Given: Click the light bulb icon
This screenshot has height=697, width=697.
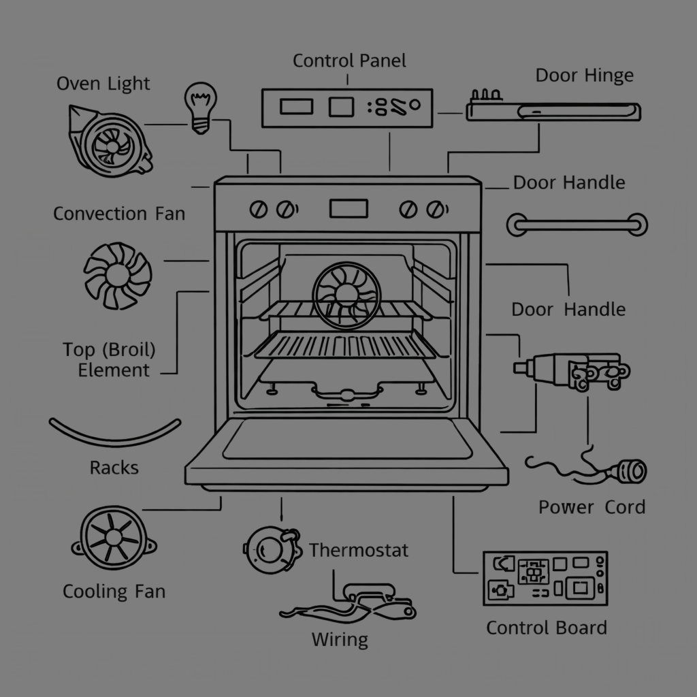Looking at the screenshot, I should [198, 108].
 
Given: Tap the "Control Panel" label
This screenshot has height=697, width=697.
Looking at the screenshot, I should [349, 61].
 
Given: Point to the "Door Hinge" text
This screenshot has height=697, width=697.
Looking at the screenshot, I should [584, 76].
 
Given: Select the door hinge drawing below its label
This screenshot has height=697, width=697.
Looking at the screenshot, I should [553, 111].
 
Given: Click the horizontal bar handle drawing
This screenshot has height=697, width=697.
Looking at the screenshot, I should [577, 225].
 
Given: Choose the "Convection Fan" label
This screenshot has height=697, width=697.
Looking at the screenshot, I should [119, 214].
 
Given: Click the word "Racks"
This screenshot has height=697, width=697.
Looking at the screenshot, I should [114, 468].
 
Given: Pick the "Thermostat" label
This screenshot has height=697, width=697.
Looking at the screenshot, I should [359, 550].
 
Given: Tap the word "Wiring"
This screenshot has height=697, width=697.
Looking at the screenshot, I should [340, 640].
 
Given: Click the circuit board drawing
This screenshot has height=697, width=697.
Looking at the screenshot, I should [545, 578].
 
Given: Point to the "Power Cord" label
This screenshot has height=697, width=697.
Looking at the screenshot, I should [591, 507].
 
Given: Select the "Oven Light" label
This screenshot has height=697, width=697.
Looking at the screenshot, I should [103, 84].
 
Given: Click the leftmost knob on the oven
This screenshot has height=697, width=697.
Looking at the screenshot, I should [259, 209].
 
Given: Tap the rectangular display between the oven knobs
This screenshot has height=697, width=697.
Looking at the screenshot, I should [348, 208].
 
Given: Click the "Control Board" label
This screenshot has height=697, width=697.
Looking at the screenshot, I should [546, 628].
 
